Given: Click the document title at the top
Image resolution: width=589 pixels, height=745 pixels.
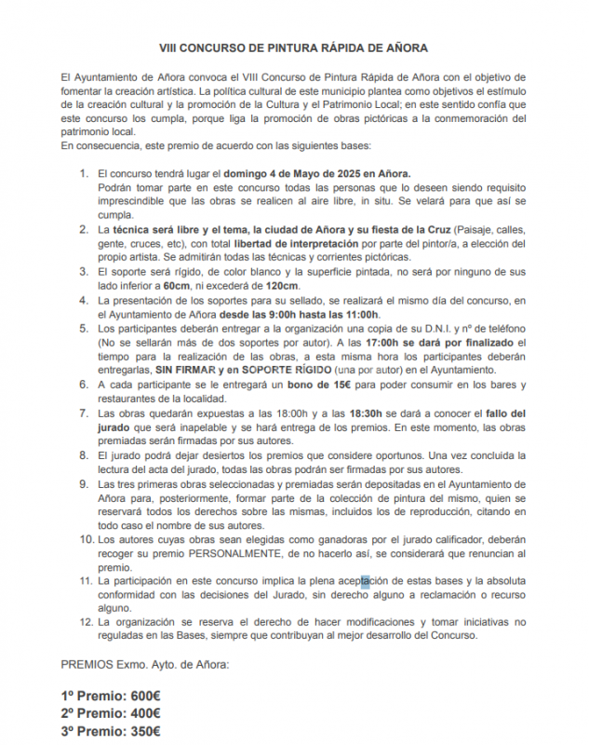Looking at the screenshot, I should point(294,44).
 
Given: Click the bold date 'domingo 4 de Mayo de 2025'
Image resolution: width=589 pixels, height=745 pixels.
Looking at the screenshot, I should point(293,173).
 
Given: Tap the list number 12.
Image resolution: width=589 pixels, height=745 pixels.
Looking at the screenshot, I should point(86,622).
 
